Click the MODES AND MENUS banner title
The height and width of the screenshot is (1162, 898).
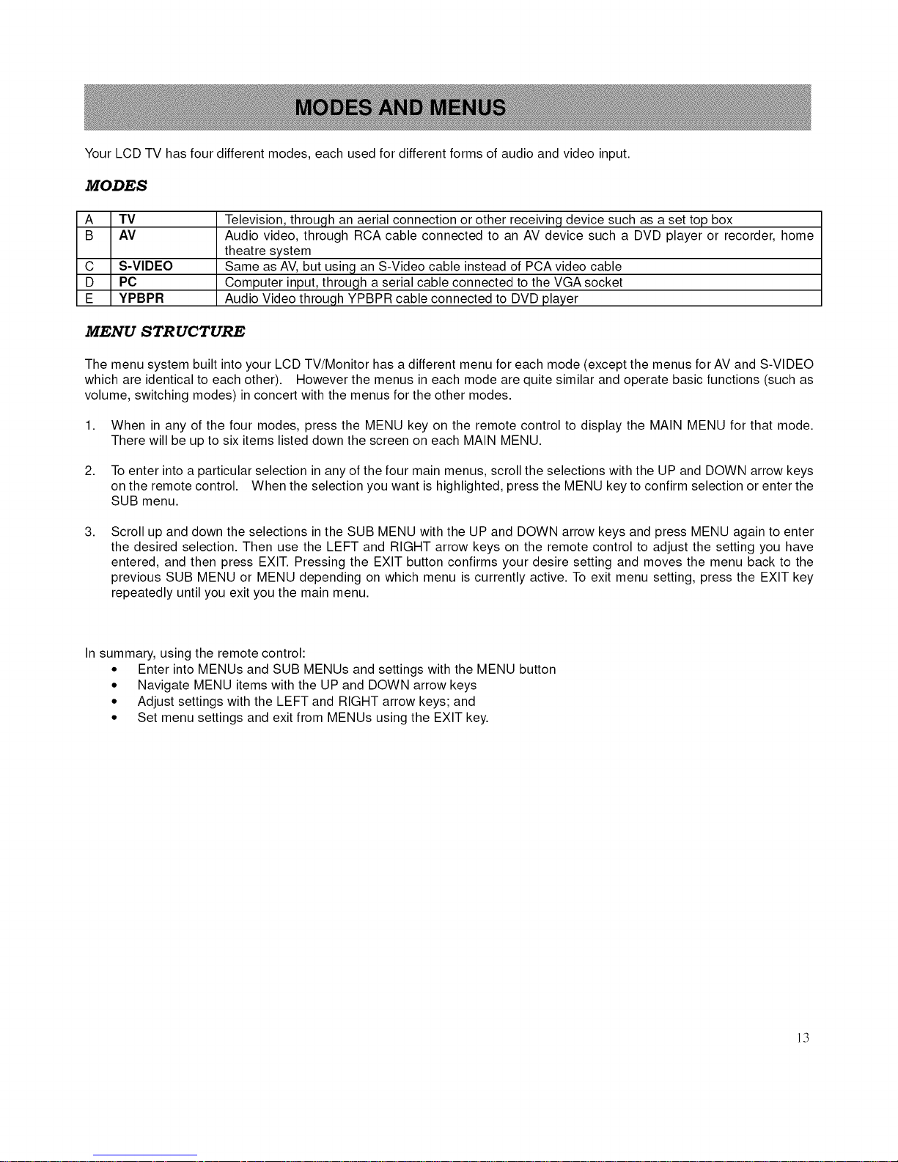pyautogui.click(x=400, y=109)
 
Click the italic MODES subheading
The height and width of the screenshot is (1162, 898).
pyautogui.click(x=116, y=185)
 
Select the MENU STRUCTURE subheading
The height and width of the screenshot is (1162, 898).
pyautogui.click(x=165, y=331)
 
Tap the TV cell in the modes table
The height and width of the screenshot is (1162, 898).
pyautogui.click(x=127, y=219)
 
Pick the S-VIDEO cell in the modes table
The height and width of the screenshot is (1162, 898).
pyautogui.click(x=146, y=266)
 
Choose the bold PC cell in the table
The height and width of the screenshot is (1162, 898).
pyautogui.click(x=128, y=282)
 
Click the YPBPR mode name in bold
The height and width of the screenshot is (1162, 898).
pyautogui.click(x=141, y=298)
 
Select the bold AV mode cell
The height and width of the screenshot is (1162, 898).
pyautogui.click(x=127, y=235)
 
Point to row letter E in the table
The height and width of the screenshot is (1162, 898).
pyautogui.click(x=89, y=298)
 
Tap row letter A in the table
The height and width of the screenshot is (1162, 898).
pyautogui.click(x=89, y=219)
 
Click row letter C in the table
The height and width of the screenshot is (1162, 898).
pyautogui.click(x=89, y=266)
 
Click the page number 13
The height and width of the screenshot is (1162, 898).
pyautogui.click(x=803, y=1037)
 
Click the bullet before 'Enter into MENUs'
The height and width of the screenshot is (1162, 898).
pyautogui.click(x=114, y=669)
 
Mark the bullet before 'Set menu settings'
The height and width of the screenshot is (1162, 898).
pyautogui.click(x=114, y=718)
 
